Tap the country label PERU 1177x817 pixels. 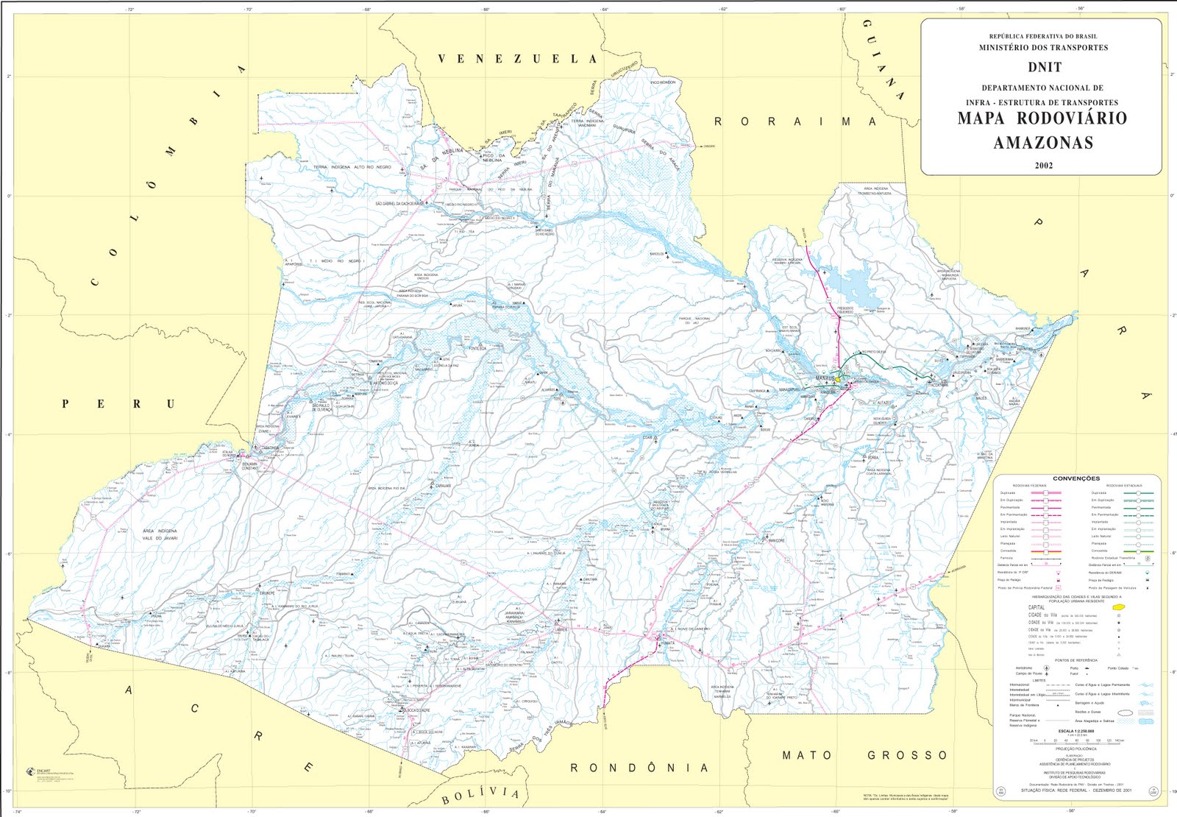(x=118, y=404)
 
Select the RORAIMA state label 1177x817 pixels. (x=795, y=121)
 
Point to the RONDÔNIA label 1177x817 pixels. (x=639, y=768)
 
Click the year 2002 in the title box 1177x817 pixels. (x=1043, y=165)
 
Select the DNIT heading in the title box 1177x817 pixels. (x=1045, y=67)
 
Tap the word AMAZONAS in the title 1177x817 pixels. (x=1043, y=143)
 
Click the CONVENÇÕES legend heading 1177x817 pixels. (x=1075, y=478)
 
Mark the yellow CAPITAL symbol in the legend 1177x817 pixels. (x=1119, y=606)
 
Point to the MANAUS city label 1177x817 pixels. (x=825, y=378)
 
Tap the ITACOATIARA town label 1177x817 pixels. (x=937, y=385)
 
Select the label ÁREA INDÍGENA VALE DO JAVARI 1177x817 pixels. (x=160, y=534)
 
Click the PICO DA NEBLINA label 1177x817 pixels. (x=494, y=158)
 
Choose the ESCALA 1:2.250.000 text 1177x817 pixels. (x=1075, y=731)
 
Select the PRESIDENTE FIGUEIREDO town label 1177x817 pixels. (x=844, y=310)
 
